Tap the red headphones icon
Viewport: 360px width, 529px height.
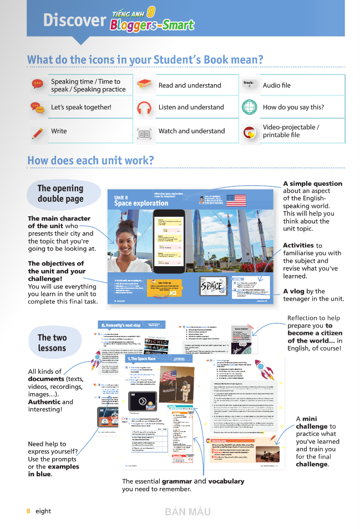coord(144,108)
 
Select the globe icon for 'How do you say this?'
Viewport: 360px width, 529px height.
coord(250,107)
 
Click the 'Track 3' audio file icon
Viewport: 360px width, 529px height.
coord(249,85)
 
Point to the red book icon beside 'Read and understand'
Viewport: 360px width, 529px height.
coord(144,84)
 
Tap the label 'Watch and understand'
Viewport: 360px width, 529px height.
coord(191,131)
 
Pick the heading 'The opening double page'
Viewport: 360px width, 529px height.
coord(60,194)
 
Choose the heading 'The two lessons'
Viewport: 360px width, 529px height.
coord(52,343)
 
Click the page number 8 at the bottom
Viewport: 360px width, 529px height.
coord(28,511)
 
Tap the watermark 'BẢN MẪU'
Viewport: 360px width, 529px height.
coord(187,511)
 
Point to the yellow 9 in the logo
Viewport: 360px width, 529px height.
coord(151,12)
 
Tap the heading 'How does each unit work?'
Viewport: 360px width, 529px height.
coord(90,161)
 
